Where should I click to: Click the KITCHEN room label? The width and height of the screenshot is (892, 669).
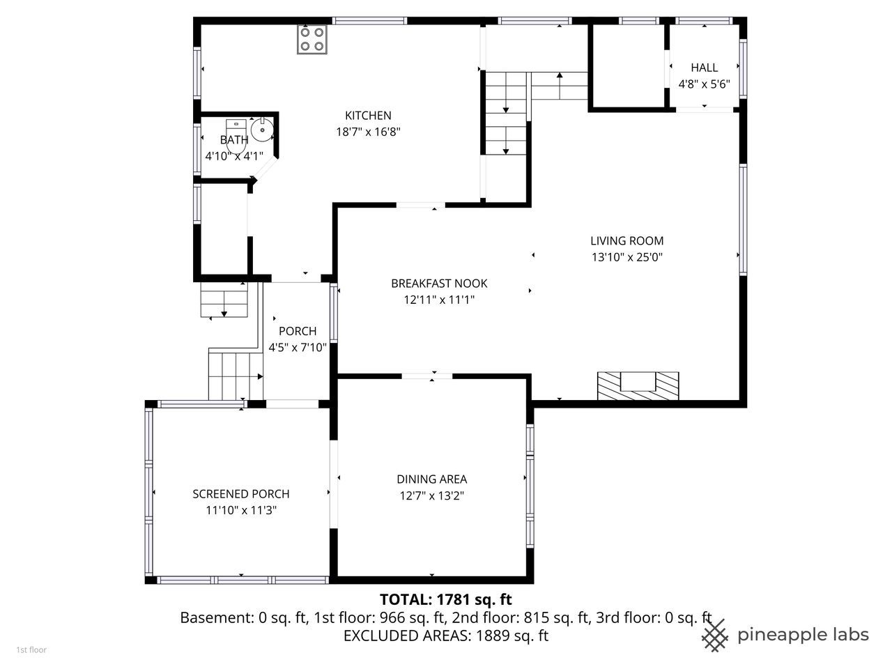tap(368, 116)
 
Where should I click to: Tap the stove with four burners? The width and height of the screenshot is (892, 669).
tap(312, 39)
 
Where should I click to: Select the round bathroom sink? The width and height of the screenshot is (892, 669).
tap(262, 129)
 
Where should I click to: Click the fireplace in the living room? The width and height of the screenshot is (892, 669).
tap(638, 385)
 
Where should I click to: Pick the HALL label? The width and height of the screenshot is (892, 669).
tap(705, 68)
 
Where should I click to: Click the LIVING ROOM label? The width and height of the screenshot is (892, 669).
tap(626, 241)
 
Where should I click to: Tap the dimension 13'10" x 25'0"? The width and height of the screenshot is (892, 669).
tap(626, 257)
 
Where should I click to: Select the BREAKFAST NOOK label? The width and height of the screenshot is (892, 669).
tap(439, 284)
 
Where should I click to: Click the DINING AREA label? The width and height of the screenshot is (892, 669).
tap(431, 479)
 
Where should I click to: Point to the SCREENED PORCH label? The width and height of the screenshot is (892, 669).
tap(241, 494)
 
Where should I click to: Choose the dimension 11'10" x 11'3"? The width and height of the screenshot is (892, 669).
tap(241, 510)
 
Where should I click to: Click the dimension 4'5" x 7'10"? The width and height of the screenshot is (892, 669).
tap(298, 348)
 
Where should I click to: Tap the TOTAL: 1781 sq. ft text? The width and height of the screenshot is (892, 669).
tap(446, 599)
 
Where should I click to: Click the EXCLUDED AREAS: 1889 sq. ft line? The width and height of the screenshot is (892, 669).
tap(446, 636)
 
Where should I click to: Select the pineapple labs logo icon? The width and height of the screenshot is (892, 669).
tap(715, 636)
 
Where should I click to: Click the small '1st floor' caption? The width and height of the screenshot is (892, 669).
tap(31, 650)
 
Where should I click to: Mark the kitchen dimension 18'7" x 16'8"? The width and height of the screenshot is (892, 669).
tap(368, 132)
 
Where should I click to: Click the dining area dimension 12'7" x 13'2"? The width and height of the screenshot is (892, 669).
tap(431, 496)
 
